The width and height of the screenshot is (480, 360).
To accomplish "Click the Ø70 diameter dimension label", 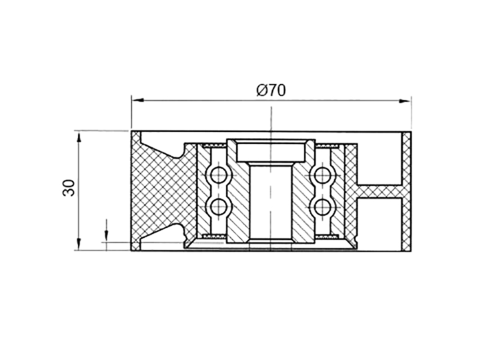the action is point(271,90).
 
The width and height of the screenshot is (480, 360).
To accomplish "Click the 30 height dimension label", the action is point(68,188).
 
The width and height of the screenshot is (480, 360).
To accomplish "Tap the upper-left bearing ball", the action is point(218,175).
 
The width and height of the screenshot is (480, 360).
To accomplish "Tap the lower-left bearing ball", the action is point(218,206).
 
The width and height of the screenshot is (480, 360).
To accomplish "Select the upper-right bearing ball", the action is point(323,175).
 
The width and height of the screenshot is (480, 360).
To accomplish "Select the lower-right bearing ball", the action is point(323,206).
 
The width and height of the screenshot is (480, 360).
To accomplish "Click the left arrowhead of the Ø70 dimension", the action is point(138,100).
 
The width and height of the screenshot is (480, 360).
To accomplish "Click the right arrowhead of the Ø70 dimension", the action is point(404,101).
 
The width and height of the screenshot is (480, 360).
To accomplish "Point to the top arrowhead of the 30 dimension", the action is point(79,137).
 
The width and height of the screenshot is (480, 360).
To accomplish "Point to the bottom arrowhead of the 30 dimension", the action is point(79,244).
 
